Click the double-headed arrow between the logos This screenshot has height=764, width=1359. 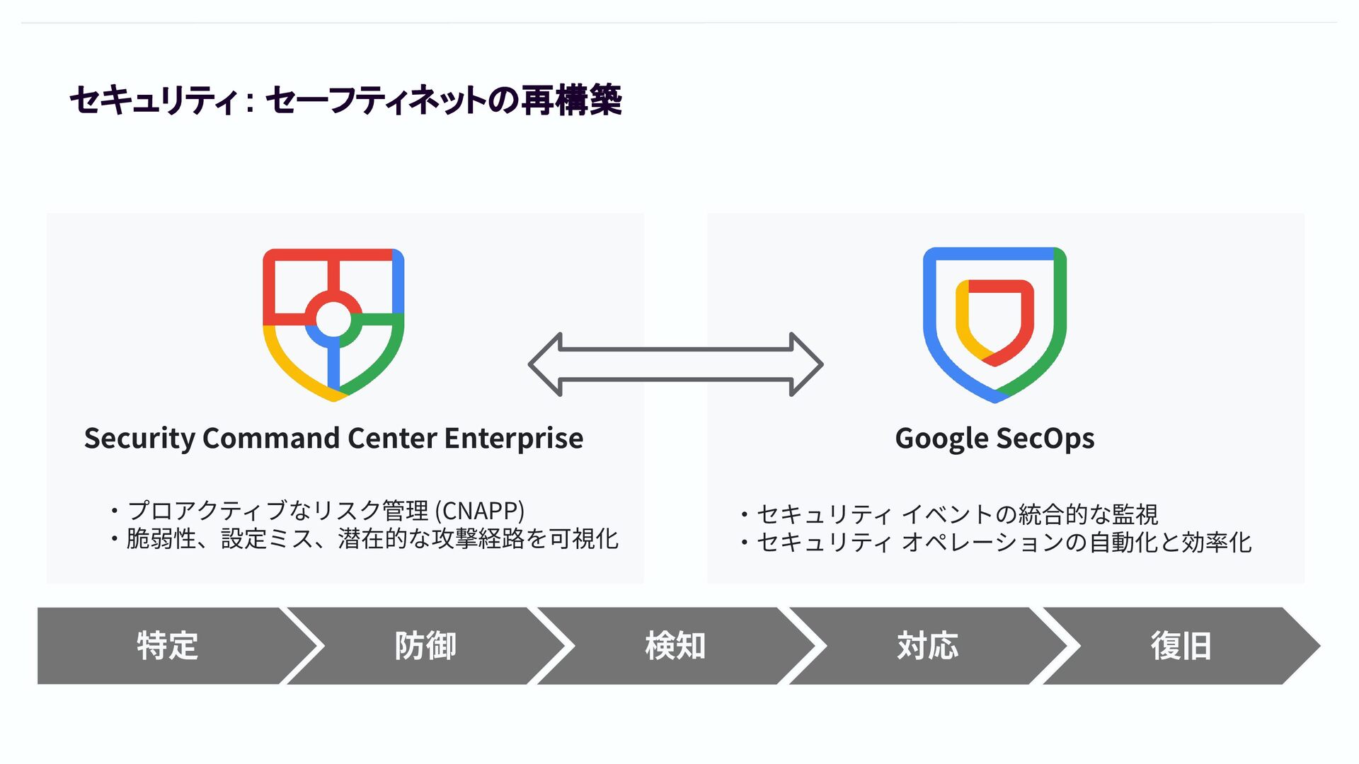click(x=675, y=364)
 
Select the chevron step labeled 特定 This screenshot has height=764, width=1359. click(x=167, y=646)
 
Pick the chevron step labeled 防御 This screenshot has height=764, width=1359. click(x=425, y=646)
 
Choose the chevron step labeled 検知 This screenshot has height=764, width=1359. click(x=675, y=646)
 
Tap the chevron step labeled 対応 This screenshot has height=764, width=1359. click(x=927, y=646)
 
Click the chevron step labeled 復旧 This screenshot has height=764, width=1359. click(x=1180, y=646)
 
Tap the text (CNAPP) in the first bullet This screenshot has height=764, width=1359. click(x=480, y=510)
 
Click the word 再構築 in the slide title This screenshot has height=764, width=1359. click(x=572, y=100)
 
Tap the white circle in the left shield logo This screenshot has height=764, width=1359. click(x=333, y=320)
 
